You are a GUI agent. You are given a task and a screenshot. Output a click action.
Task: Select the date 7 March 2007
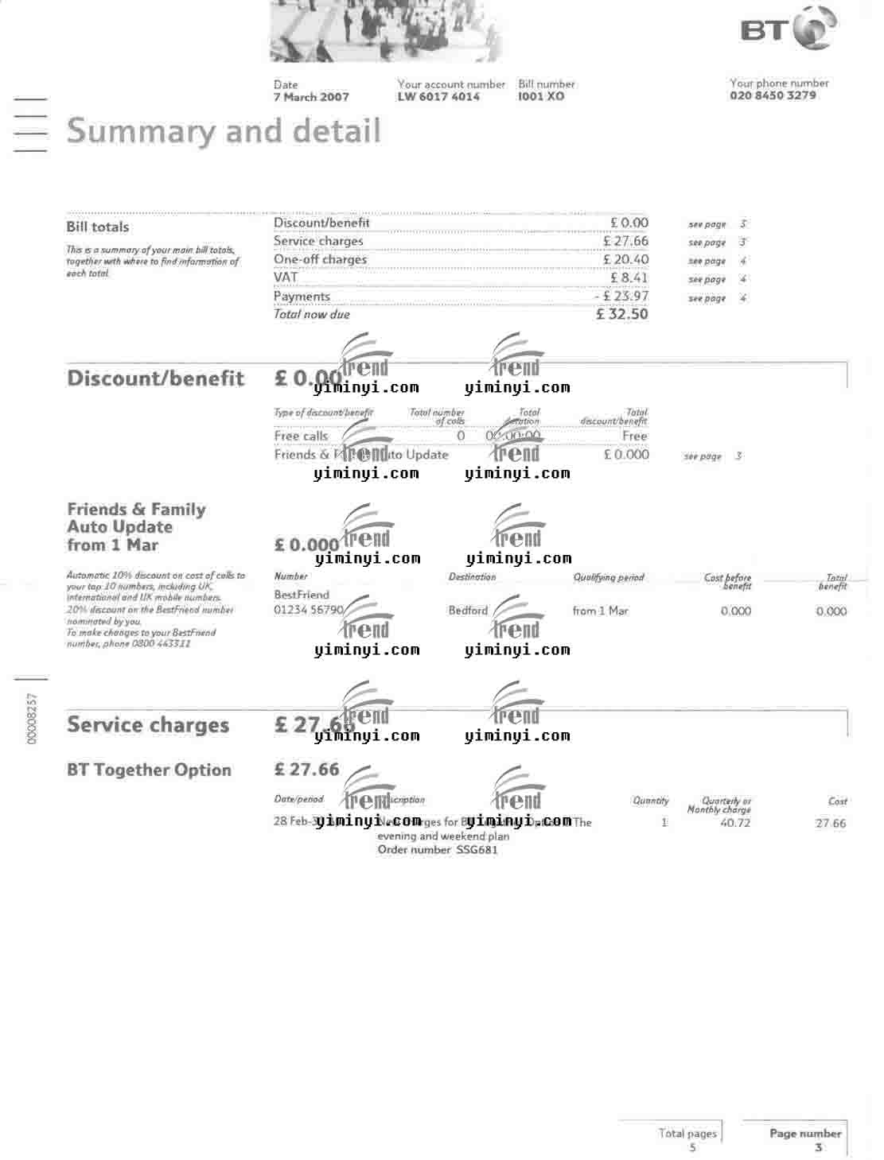coord(311,97)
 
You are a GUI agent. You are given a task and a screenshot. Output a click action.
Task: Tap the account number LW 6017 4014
coord(438,97)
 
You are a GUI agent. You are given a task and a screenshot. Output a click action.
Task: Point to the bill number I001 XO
coord(541,97)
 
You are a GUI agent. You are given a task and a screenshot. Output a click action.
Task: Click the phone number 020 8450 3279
coord(772,95)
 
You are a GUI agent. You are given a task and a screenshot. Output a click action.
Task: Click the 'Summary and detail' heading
coord(224,131)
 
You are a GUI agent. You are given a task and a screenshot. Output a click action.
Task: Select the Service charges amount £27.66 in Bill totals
coord(625,242)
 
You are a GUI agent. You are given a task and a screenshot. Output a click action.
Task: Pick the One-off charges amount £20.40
coord(625,260)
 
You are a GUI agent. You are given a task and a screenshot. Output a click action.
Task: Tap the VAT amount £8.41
coord(629,278)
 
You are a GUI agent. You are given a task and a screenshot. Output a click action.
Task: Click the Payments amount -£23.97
coord(621,297)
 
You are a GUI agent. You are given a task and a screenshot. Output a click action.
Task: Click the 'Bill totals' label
coord(97,227)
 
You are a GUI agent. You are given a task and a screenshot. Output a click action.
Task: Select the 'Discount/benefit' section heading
coord(155,378)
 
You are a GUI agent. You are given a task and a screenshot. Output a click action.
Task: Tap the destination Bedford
coord(468,611)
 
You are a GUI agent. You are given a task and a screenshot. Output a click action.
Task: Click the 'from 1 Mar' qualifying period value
coord(600,611)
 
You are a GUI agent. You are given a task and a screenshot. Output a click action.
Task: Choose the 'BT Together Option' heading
coord(149,770)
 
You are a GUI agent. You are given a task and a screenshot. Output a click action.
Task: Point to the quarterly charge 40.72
coord(734,823)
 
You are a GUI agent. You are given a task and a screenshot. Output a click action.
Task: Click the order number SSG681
coord(477,850)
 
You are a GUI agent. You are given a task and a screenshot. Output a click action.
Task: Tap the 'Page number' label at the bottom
coord(804,1133)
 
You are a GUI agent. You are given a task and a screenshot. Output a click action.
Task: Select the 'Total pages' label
coord(687,1133)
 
